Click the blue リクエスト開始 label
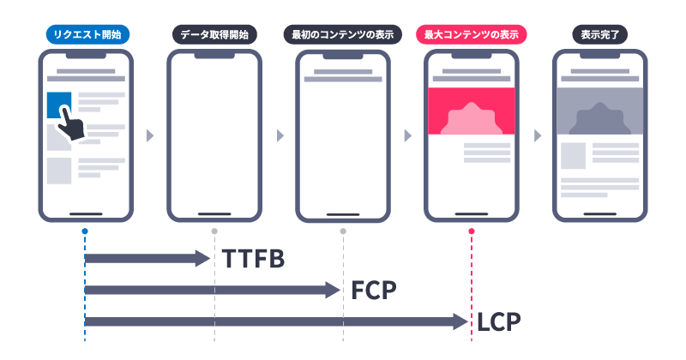pos(86,35)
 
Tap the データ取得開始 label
pos(214,35)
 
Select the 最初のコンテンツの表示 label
pos(343,35)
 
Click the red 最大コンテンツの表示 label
pos(472,35)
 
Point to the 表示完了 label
pos(600,35)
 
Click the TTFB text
pos(253,259)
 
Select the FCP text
pos(374,291)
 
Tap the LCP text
pos(499,322)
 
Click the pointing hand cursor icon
pos(70,129)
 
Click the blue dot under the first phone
pos(85,231)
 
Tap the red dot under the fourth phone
pos(472,231)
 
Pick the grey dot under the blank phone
pos(214,231)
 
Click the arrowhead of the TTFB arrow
pos(204,258)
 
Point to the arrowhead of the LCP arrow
pos(461,321)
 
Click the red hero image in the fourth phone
pos(472,111)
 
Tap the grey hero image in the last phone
pos(600,111)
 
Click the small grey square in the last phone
pos(573,156)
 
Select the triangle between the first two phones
pos(151,135)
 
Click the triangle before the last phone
pos(537,135)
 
